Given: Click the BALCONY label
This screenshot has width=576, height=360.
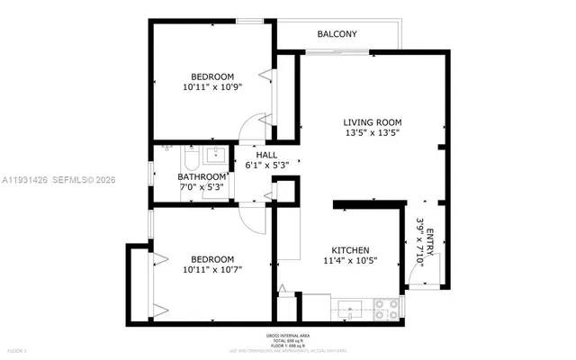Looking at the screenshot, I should tap(337, 34).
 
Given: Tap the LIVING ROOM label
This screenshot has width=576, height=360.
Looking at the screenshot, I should tap(372, 122).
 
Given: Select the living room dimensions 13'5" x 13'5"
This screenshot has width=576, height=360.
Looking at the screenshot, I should tap(372, 133).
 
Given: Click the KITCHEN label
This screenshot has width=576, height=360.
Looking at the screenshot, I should tap(350, 250).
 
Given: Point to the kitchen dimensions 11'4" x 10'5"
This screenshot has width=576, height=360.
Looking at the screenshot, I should tap(350, 261).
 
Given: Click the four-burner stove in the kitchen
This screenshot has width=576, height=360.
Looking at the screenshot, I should tap(387, 309).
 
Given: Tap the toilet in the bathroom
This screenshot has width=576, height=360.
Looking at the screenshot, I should tap(190, 159).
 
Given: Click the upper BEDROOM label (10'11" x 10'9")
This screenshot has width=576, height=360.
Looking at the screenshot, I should tap(213, 76).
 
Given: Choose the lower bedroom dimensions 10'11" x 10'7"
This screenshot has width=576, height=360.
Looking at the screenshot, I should tap(213, 269).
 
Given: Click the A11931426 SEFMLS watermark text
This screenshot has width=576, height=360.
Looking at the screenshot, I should tap(60, 179).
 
